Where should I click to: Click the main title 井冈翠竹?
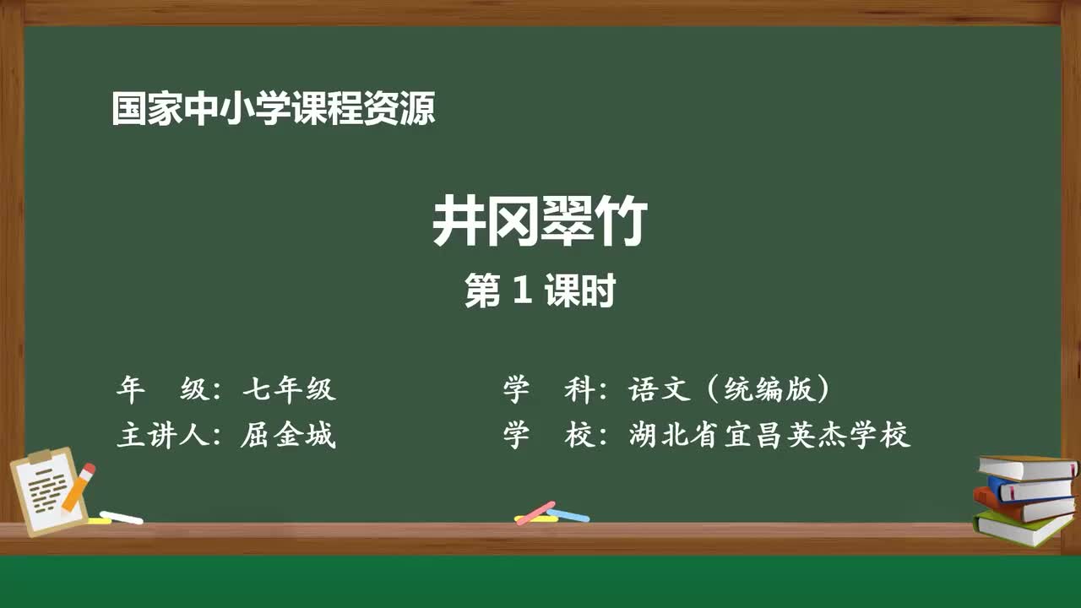[540, 223]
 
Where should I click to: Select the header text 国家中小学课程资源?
[274, 110]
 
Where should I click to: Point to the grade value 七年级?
[289, 389]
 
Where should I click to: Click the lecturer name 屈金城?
[289, 436]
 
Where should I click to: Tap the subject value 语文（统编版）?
[730, 389]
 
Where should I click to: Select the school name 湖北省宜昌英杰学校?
[769, 436]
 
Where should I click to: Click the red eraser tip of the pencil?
[89, 469]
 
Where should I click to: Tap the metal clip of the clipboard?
[41, 457]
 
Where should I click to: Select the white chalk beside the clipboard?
[122, 517]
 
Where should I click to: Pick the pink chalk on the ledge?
[535, 512]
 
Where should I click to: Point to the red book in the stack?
[1022, 508]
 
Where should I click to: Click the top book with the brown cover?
[1027, 467]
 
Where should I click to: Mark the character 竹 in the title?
[621, 223]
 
